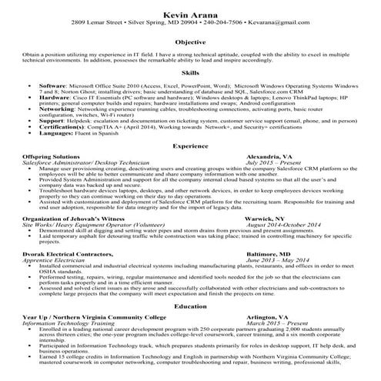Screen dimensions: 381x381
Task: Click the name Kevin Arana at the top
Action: click(x=190, y=15)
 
